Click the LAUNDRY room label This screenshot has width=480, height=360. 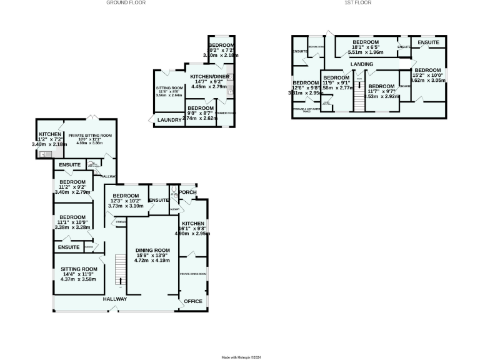(169, 119)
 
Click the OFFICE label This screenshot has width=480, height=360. (193, 301)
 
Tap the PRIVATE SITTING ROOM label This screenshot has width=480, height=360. (90, 135)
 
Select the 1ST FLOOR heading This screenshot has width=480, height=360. (358, 3)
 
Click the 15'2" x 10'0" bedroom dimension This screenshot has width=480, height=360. (428, 75)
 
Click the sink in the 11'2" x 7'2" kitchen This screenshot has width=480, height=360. (42, 153)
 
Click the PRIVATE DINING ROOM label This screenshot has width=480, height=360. (193, 274)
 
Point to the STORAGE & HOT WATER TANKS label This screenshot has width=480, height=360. (303, 110)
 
